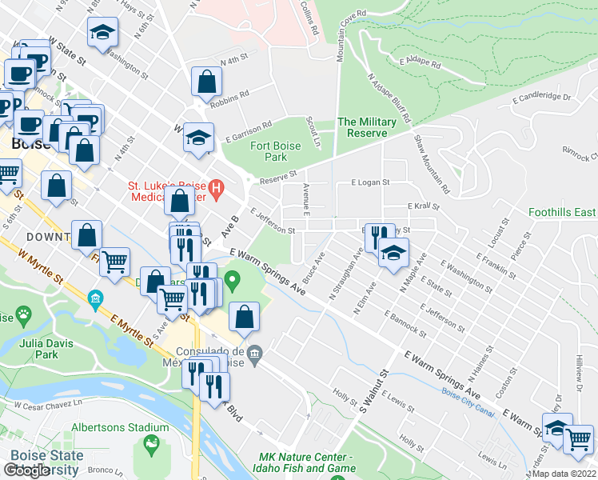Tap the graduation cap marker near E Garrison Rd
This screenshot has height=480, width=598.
point(198,137)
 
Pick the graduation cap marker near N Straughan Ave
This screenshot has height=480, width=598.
point(393,254)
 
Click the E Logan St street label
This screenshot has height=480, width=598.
point(370,182)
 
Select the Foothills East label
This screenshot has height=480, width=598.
point(562,213)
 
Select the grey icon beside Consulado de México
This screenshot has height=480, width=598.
point(254,353)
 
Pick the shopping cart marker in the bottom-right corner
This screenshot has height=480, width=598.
point(579,438)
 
